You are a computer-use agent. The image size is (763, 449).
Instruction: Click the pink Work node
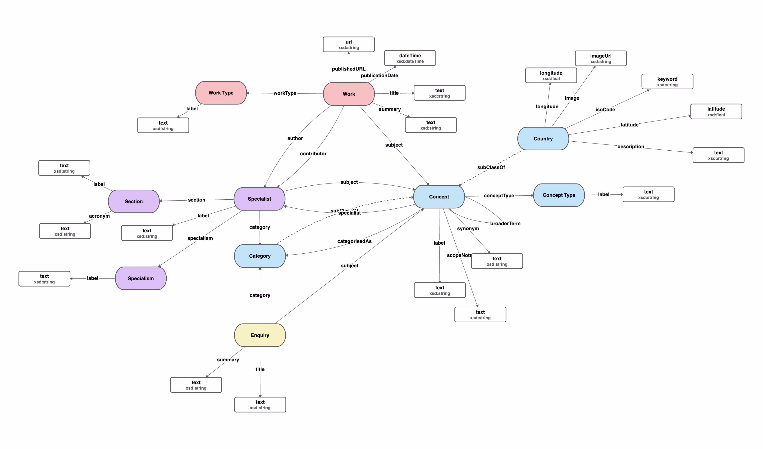(349, 94)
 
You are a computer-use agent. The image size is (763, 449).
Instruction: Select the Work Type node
(221, 93)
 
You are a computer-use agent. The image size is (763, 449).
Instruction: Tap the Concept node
(439, 197)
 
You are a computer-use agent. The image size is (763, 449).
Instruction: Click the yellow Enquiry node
(260, 335)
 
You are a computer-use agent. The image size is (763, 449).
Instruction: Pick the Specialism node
(141, 278)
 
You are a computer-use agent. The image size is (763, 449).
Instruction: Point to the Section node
(134, 202)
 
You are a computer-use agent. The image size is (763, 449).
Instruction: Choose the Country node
(543, 139)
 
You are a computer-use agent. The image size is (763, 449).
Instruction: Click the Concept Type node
(559, 195)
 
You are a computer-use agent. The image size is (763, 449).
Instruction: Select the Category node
(260, 256)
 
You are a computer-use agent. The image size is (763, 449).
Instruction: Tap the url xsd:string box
(349, 45)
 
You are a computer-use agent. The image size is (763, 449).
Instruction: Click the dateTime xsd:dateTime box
(410, 58)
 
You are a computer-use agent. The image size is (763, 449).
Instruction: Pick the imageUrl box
(601, 58)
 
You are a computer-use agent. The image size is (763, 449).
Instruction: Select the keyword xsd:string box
(667, 82)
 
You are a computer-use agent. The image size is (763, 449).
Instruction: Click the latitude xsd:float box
(716, 112)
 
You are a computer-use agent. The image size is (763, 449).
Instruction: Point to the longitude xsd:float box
(551, 75)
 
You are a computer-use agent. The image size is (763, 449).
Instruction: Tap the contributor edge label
(313, 154)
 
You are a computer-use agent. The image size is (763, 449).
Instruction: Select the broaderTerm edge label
(505, 224)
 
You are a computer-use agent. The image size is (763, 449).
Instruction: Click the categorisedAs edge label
(354, 241)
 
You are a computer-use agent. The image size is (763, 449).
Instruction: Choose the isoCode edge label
(605, 110)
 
